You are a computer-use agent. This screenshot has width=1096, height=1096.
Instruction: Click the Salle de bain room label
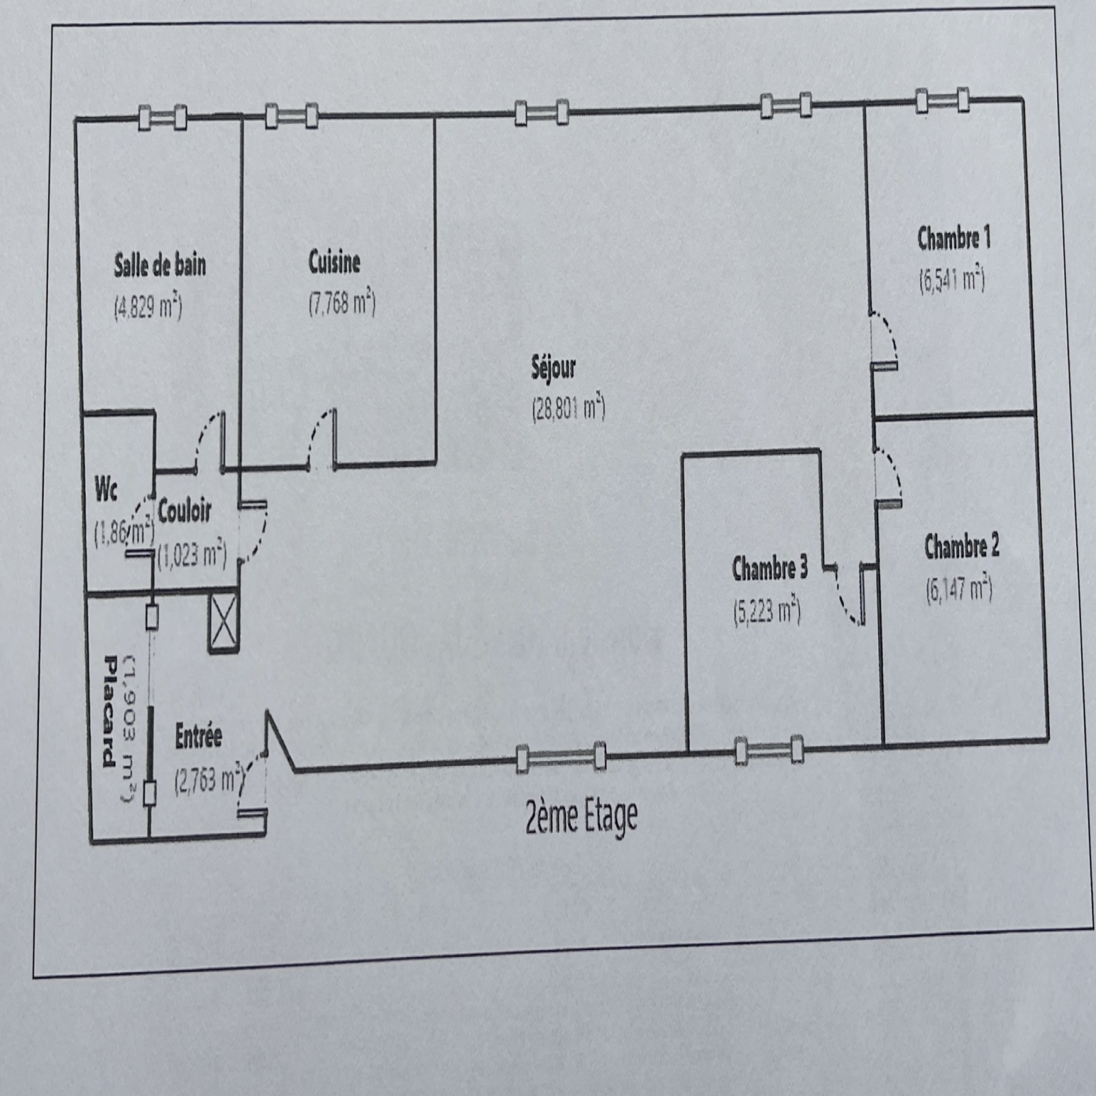160,265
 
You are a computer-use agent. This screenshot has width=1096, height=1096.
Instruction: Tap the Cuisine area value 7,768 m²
342,302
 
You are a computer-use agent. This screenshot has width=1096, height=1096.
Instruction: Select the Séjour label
553,368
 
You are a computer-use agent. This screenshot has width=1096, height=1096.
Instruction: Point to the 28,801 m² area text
569,408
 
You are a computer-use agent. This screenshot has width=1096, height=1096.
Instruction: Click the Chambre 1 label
954,238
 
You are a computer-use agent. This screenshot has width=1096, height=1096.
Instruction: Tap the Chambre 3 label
770,568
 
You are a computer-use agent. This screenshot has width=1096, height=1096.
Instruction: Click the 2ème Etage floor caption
581,817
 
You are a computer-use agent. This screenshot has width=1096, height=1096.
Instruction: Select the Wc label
105,489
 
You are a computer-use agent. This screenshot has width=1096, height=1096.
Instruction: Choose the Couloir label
184,511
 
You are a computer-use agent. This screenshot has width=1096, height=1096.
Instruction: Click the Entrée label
199,736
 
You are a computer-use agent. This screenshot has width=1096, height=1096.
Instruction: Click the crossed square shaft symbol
224,623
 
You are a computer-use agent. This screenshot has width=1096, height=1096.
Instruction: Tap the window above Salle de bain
162,118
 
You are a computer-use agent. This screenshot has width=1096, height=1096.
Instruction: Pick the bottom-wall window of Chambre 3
769,750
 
